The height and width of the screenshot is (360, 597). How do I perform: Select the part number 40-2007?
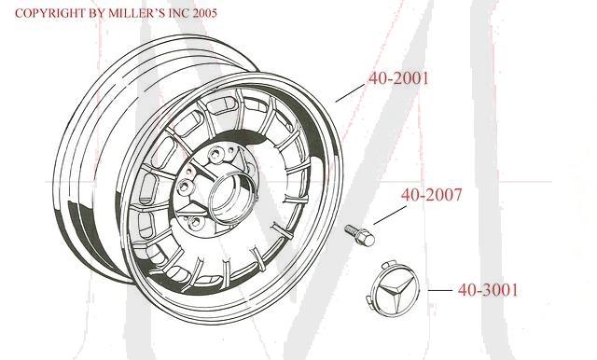431,197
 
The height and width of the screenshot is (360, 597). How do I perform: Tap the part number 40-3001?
487,290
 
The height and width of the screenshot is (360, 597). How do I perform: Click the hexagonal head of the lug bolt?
367,239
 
